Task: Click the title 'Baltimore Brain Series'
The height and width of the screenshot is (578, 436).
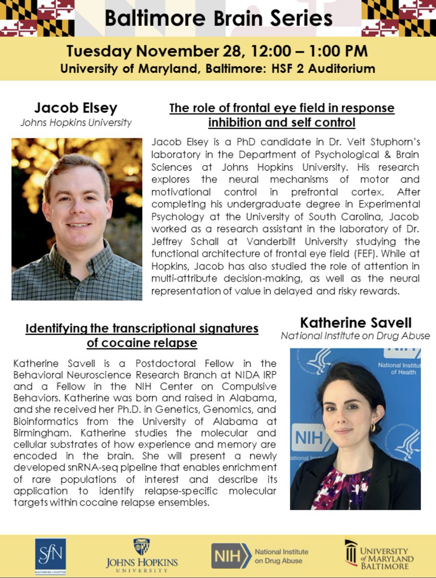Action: click(x=218, y=18)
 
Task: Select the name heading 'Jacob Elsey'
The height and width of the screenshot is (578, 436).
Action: click(x=76, y=107)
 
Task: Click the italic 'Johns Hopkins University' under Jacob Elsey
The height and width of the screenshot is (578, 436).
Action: click(x=76, y=122)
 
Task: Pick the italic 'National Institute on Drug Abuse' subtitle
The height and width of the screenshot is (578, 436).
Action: click(x=355, y=336)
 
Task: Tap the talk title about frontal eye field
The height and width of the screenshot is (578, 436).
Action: click(x=282, y=115)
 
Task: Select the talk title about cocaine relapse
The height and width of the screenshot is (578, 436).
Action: click(x=142, y=335)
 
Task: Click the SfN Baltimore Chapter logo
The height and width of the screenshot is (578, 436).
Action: click(x=51, y=554)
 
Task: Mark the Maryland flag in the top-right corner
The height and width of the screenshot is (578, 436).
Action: click(x=398, y=18)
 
